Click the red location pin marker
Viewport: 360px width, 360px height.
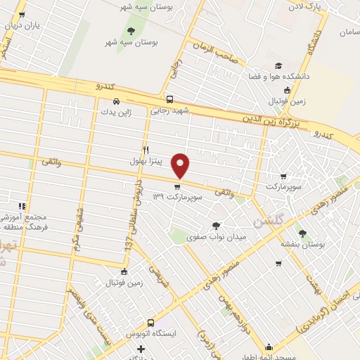tap(181, 165)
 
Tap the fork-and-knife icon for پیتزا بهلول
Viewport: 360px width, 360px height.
tap(146, 149)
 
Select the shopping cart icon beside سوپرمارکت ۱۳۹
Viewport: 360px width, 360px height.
tap(176, 187)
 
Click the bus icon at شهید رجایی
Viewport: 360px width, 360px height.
tap(169, 99)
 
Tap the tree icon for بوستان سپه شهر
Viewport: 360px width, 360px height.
tap(130, 30)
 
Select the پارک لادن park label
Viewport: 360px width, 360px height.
tap(313, 5)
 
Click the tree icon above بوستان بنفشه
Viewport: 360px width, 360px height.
tap(302, 233)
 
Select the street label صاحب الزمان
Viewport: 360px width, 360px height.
tap(214, 56)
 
